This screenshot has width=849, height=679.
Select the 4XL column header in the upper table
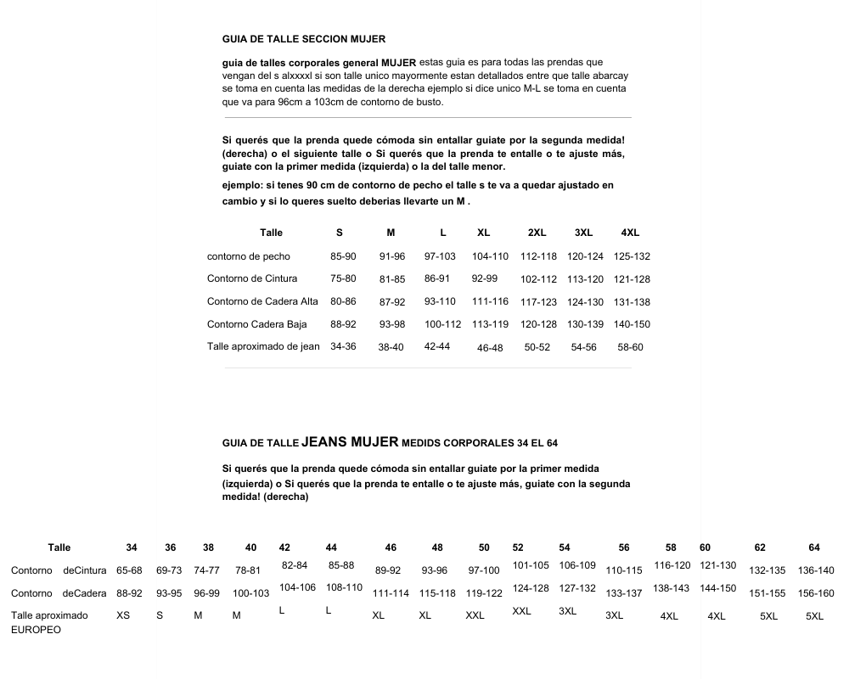coord(630,233)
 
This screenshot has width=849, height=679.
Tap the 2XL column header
coord(537,233)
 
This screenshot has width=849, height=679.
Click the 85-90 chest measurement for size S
coord(343,256)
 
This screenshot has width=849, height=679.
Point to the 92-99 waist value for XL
coord(485,278)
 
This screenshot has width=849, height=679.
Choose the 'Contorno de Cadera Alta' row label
coord(262,301)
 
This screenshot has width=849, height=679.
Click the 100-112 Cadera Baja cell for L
coord(442,324)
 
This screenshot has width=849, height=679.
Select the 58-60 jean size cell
coord(630,347)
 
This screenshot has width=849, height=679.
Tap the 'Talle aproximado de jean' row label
coord(263,346)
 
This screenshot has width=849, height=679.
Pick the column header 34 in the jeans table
coord(132,547)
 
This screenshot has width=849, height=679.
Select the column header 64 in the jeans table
coord(814,547)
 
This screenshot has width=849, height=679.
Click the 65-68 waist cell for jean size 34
coord(129,570)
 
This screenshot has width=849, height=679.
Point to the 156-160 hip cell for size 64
coord(816,593)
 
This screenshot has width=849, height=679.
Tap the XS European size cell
coord(123,615)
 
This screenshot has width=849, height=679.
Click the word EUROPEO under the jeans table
coord(36,631)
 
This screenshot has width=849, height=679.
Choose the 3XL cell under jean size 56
coord(614,615)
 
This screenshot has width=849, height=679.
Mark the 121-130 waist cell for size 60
coord(717,565)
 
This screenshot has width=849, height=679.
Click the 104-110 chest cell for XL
coord(490,256)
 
